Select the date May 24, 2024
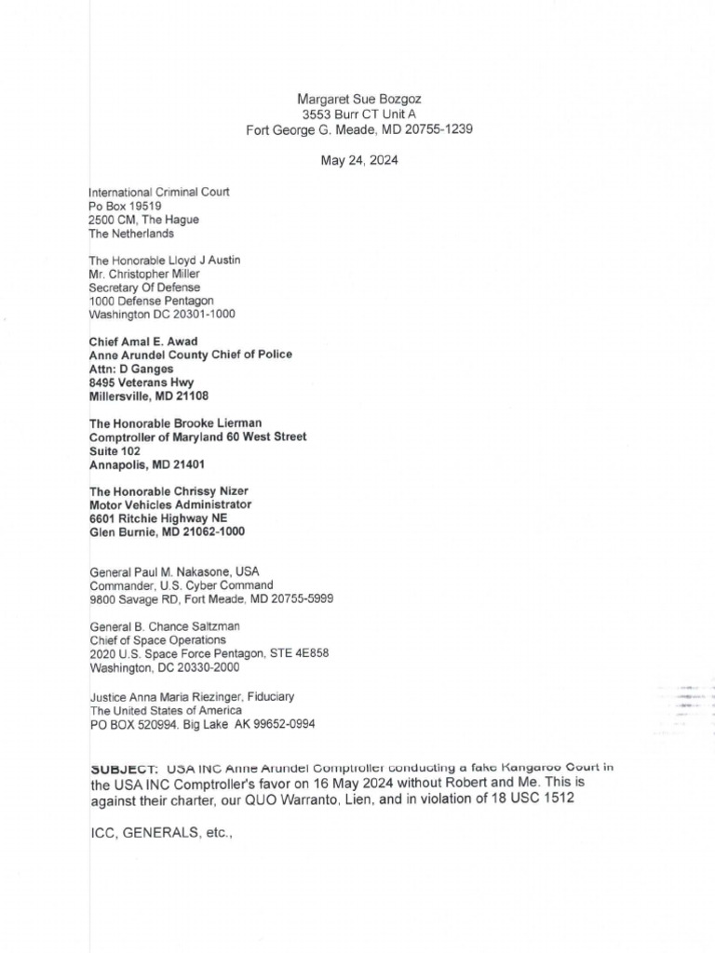coord(358,160)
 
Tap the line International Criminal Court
coord(159,192)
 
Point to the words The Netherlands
coord(131,234)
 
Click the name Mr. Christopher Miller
coord(144,274)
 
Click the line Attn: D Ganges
coord(131,369)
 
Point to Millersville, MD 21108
coord(148,396)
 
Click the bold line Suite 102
coord(115,450)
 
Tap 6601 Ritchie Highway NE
coord(157,517)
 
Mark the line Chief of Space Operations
coord(157,640)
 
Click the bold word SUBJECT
coord(126,769)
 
